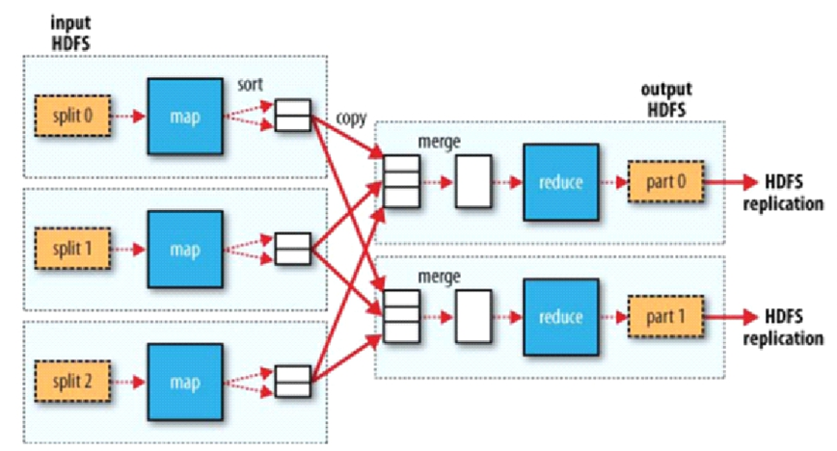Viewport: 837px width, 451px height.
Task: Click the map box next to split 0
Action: (x=184, y=116)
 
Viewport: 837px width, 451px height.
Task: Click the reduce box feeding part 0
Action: (x=560, y=181)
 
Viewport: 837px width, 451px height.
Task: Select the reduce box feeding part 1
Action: (x=560, y=316)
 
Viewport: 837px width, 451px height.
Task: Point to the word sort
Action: (x=251, y=84)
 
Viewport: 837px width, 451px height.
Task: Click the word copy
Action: (x=351, y=119)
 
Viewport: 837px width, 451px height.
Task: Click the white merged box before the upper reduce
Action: (x=470, y=181)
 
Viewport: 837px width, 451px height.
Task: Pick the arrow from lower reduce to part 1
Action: (x=611, y=316)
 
